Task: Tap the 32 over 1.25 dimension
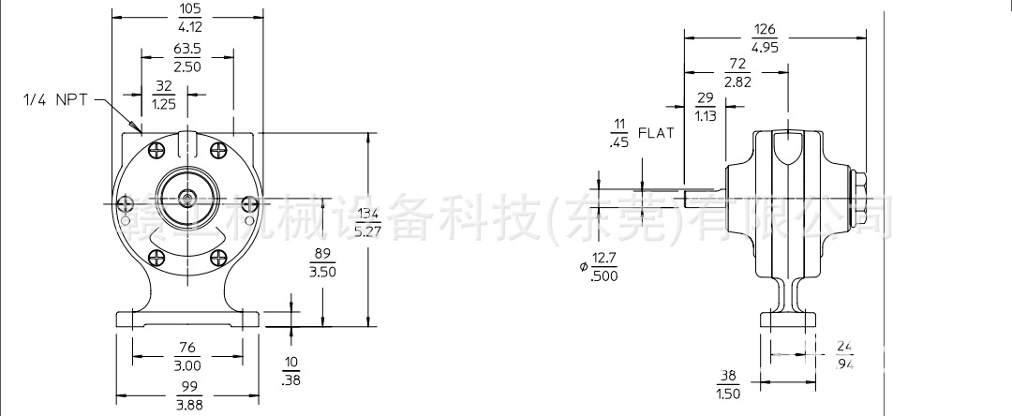(165, 97)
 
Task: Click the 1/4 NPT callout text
(55, 98)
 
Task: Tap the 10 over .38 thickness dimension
(291, 370)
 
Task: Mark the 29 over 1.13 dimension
(705, 108)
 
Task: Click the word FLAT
(656, 133)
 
